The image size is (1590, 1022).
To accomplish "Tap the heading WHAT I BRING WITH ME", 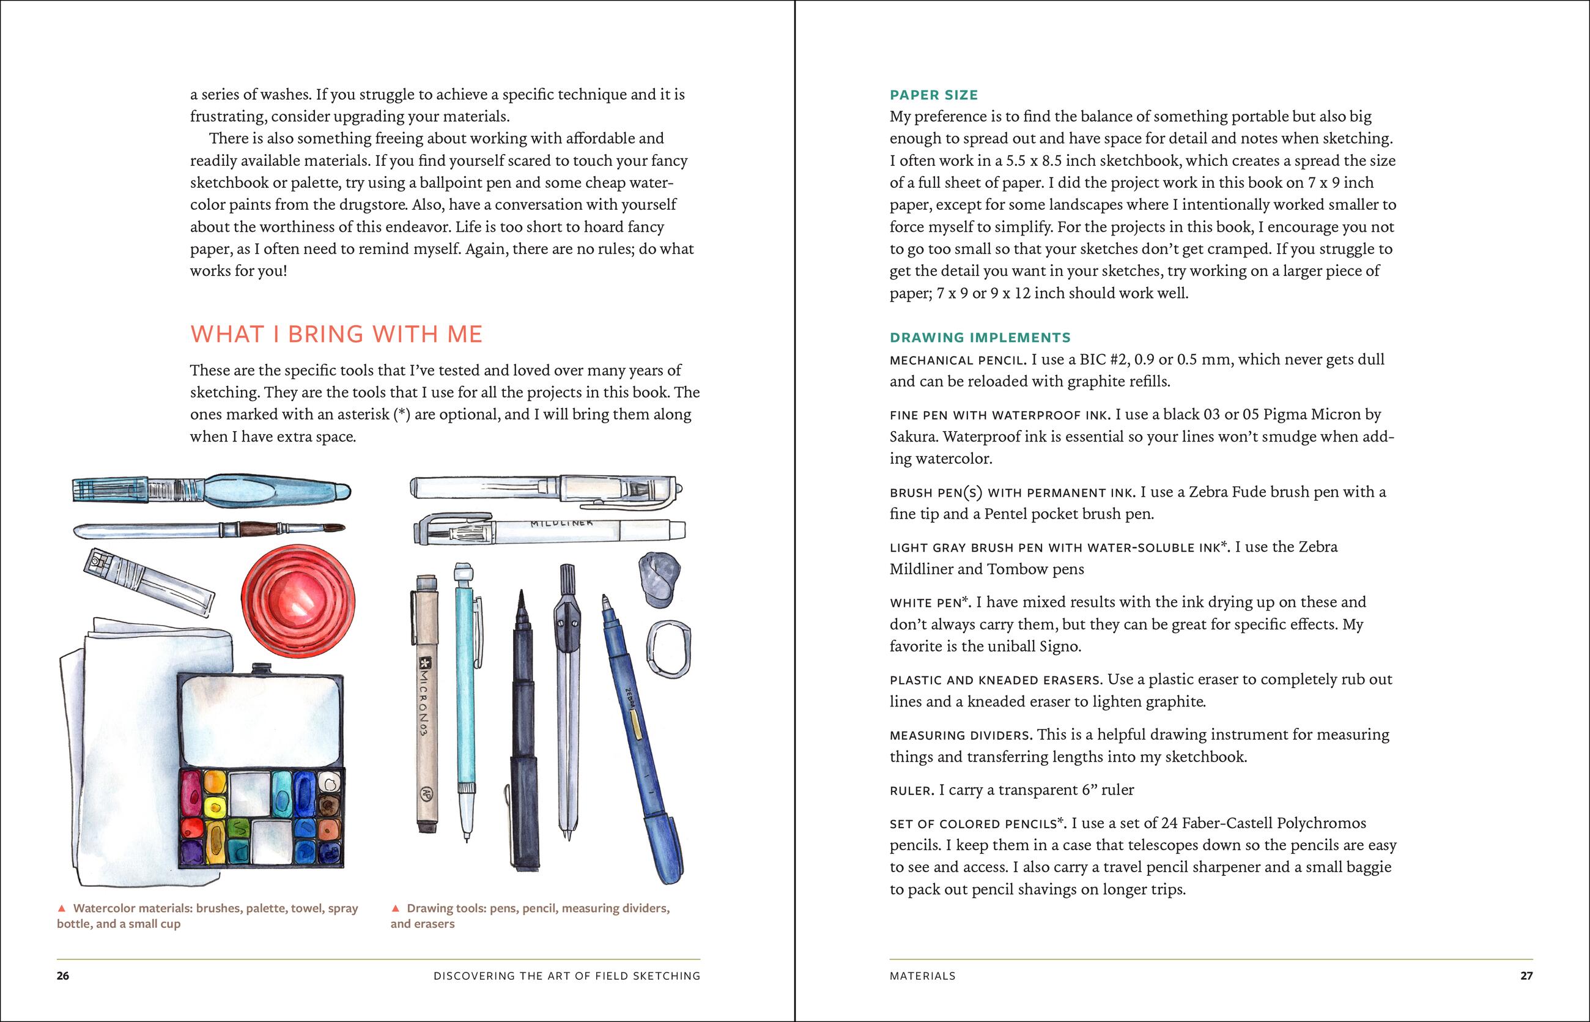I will pyautogui.click(x=336, y=334).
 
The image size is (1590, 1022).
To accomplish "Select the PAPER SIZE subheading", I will pyautogui.click(x=934, y=95).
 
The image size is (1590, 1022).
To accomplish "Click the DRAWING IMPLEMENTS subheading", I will pyautogui.click(x=980, y=338).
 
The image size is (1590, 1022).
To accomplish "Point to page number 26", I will pyautogui.click(x=62, y=976).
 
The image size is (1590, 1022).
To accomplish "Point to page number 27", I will pyautogui.click(x=1526, y=976).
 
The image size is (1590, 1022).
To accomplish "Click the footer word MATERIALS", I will pyautogui.click(x=922, y=976).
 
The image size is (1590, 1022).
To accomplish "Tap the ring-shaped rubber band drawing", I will pyautogui.click(x=668, y=648).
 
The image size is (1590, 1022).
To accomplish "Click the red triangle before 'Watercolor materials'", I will pyautogui.click(x=62, y=908).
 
